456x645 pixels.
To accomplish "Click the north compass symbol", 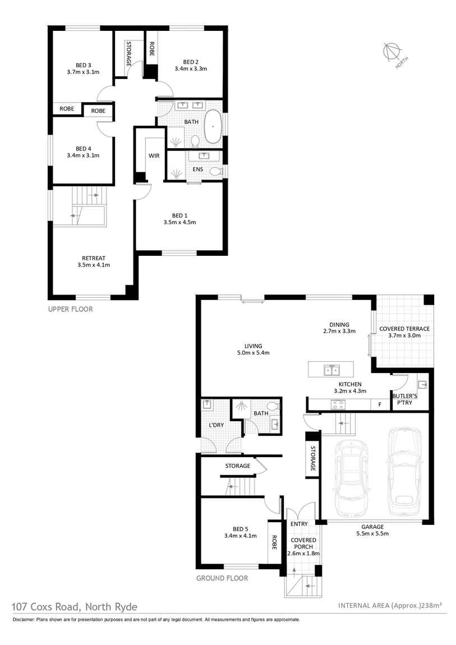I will pos(390,52).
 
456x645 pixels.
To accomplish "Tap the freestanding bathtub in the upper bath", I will pos(213,126).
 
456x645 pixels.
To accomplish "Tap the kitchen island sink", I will pos(330,370).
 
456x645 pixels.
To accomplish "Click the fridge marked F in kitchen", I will pos(380,404).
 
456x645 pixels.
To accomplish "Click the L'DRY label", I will pos(216,425).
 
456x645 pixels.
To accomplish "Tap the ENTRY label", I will pos(299,524).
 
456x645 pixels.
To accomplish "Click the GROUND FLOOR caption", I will pos(222,578).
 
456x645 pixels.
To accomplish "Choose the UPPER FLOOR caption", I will pos(70,309).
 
